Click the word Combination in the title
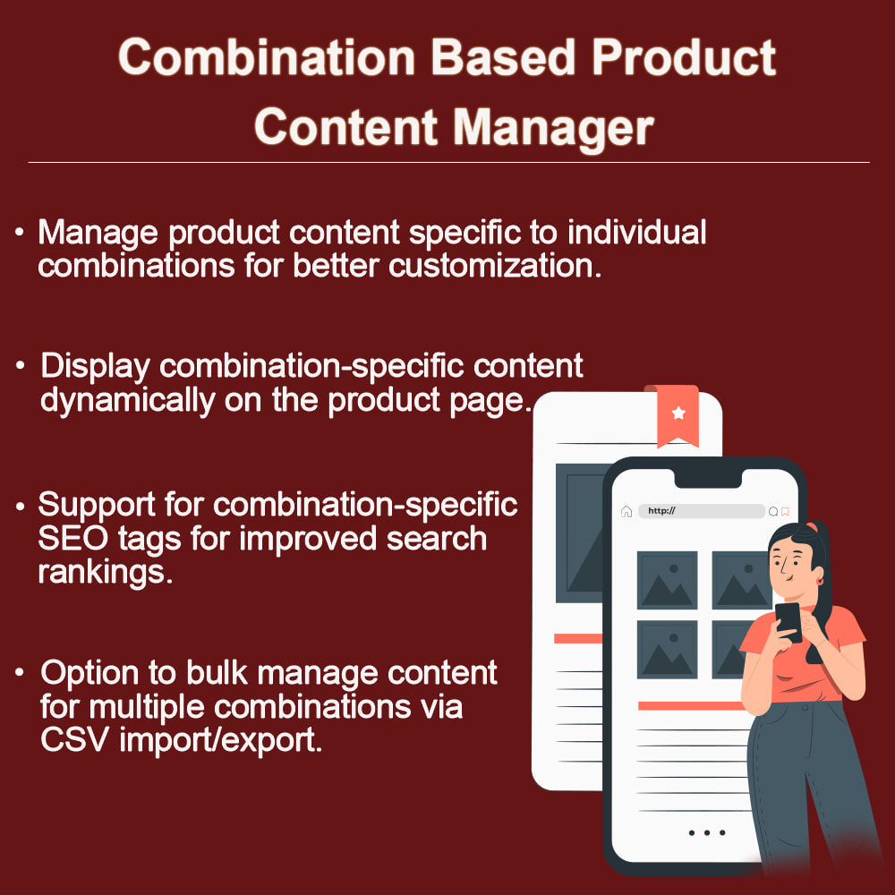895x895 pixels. point(267,59)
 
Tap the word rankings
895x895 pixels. point(105,572)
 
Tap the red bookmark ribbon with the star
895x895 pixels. point(678,414)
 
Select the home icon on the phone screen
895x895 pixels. point(626,511)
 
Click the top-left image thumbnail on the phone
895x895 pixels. point(667,580)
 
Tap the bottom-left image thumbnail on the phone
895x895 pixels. point(667,650)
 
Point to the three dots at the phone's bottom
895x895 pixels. point(706,832)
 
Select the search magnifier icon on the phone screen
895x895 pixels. point(773,512)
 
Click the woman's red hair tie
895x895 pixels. point(812,526)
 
